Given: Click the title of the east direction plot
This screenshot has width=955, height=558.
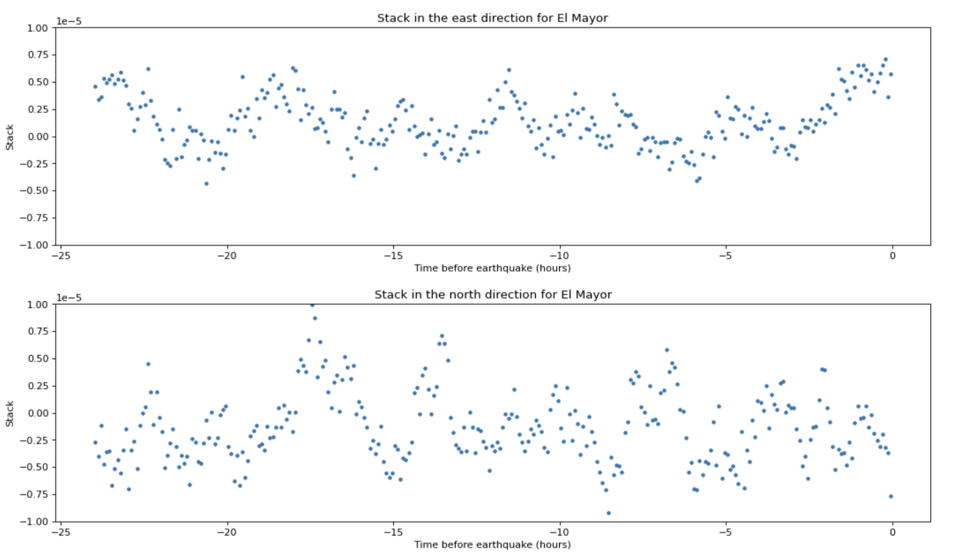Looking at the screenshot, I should tap(492, 18).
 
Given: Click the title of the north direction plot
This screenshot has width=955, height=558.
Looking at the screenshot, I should tap(493, 294).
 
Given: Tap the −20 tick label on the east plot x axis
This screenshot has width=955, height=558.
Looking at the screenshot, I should tap(227, 256).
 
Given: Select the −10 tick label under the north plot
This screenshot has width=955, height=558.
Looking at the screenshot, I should tap(559, 532).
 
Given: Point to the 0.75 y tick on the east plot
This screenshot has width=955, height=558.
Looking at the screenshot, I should tap(37, 55).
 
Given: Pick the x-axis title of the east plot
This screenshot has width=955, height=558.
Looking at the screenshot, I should tap(492, 268).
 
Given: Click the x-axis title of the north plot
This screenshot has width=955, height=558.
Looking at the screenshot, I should tap(492, 545).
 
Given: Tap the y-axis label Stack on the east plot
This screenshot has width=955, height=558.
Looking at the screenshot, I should tap(9, 137).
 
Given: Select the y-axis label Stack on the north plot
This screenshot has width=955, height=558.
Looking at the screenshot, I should tap(9, 414).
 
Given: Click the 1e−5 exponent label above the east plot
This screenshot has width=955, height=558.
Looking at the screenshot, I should tap(69, 21).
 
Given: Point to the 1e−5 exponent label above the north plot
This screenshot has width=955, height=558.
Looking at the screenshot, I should tap(69, 297).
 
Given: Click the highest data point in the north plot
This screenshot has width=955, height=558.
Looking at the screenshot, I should tap(312, 305).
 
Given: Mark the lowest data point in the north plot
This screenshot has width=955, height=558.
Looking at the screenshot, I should tap(608, 513).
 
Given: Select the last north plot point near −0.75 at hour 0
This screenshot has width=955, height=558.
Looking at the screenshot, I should tap(891, 496).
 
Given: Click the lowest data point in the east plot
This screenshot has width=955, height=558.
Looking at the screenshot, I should tap(206, 184).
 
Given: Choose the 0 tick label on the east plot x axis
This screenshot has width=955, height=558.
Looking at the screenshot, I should tap(892, 256).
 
